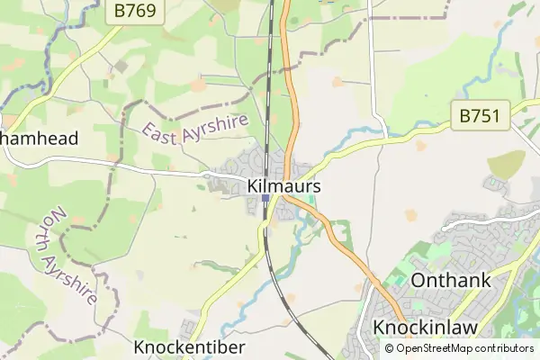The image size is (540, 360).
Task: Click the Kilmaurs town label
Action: coord(283,186)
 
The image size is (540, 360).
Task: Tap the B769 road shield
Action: coord(134,12)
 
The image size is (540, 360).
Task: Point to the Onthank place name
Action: coord(451,280)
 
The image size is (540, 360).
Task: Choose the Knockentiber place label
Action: coord(190,347)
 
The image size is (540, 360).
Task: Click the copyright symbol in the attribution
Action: coord(390,348)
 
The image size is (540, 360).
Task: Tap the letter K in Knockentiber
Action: coord(139,347)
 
